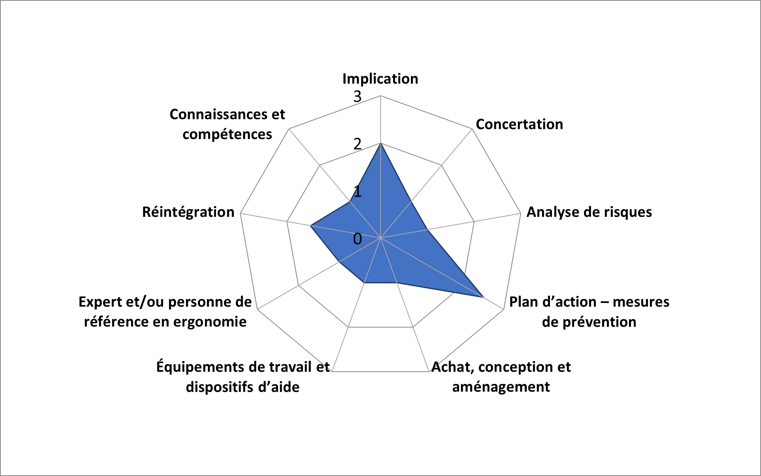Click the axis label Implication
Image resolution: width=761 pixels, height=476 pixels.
(380, 79)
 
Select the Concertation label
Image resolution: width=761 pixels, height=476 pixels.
(519, 124)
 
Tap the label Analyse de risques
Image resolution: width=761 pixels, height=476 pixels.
(589, 212)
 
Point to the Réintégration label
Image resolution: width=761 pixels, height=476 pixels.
(188, 212)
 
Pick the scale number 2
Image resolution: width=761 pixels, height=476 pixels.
(358, 144)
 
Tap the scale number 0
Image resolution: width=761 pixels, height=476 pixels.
(358, 239)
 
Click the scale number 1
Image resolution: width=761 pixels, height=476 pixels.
(358, 192)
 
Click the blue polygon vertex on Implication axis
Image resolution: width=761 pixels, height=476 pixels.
(380, 143)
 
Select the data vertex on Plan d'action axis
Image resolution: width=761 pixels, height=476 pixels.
(484, 297)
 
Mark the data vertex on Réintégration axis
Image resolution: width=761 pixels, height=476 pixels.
(311, 226)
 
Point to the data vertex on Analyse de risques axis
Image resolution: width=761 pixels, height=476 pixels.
(427, 230)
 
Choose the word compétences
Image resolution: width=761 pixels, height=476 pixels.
(227, 135)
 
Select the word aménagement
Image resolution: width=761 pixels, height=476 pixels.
(501, 387)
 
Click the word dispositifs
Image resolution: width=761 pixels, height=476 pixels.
(220, 387)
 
